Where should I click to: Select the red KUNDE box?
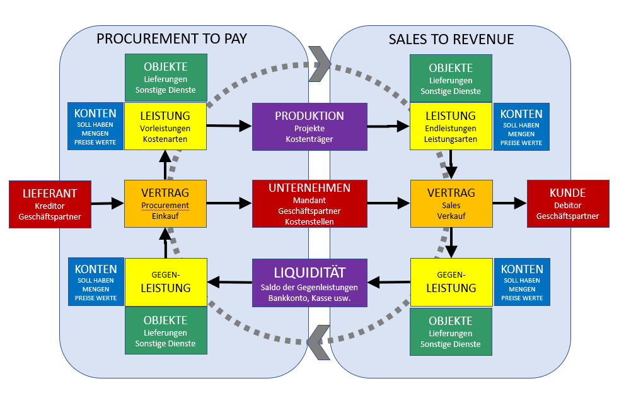567,204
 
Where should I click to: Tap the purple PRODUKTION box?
309,127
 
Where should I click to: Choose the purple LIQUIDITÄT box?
309,283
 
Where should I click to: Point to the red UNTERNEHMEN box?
309,204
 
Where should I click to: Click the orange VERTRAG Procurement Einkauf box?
165,204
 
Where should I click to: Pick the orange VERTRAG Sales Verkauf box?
451,204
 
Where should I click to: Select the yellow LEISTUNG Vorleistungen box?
165,127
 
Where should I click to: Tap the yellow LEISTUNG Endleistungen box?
451,127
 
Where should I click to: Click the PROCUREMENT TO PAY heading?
171,39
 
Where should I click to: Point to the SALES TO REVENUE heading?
451,40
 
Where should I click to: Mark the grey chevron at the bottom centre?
319,343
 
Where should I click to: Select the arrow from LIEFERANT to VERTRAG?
108,204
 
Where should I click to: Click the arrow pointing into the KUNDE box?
509,203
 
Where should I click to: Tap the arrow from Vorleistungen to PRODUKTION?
229,126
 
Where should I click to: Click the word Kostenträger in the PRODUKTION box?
309,139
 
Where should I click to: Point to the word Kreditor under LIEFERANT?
50,206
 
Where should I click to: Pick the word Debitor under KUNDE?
567,206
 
